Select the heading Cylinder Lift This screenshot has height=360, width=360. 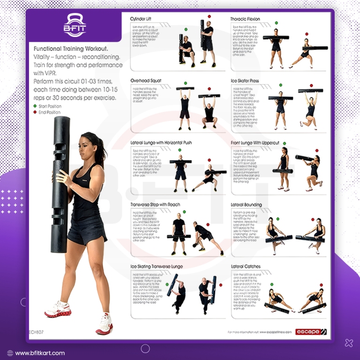click(x=143, y=19)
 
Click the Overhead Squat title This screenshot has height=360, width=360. click(x=146, y=81)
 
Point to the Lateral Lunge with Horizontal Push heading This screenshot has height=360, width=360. click(x=161, y=142)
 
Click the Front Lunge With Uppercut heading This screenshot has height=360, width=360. click(x=255, y=142)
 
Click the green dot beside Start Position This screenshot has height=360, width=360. click(x=35, y=106)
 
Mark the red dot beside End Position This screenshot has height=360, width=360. click(x=35, y=112)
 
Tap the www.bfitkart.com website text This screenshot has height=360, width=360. click(x=40, y=353)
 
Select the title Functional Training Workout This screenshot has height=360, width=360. click(x=70, y=48)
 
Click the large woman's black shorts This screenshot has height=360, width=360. click(x=86, y=232)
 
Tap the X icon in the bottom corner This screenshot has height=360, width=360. click(x=348, y=343)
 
